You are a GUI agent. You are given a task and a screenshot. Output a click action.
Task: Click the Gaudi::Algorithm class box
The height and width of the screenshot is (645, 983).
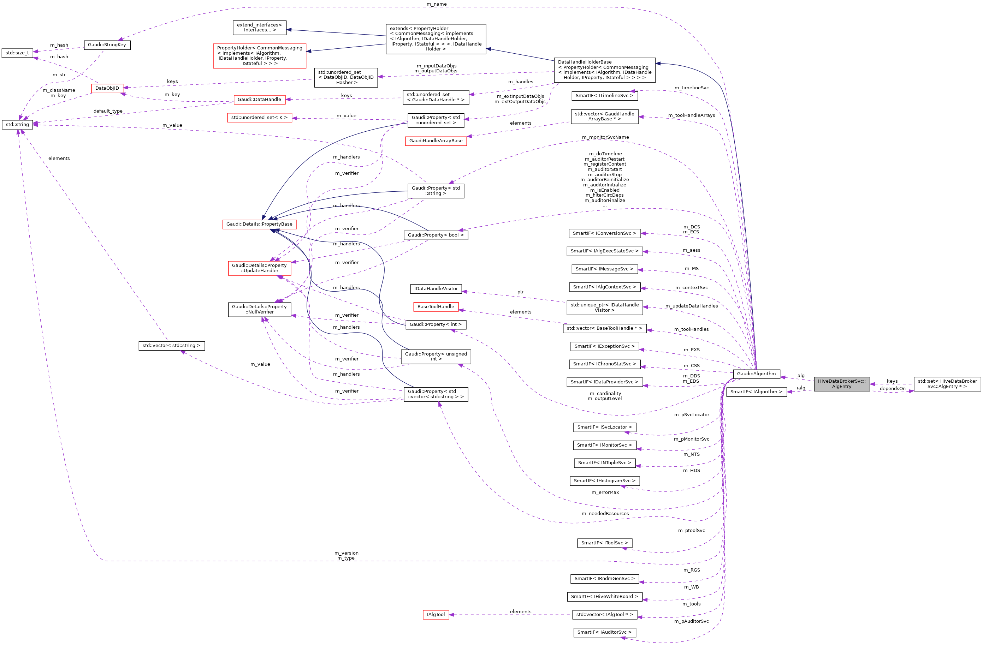click(x=756, y=374)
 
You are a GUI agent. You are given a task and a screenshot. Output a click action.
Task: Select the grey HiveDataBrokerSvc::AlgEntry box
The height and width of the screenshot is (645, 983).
click(x=842, y=384)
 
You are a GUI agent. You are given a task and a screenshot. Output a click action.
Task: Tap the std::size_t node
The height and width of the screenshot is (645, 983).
click(x=17, y=53)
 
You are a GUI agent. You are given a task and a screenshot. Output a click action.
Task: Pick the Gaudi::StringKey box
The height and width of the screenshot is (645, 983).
click(x=107, y=44)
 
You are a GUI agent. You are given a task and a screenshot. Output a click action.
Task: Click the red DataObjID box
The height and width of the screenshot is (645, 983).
click(x=107, y=88)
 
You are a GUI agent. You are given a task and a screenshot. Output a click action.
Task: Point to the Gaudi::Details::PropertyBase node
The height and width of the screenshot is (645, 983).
click(x=259, y=224)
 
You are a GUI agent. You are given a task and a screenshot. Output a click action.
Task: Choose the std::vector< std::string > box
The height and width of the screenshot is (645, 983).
click(x=171, y=346)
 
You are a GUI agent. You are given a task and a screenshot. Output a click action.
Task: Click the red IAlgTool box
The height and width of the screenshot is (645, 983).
click(x=436, y=614)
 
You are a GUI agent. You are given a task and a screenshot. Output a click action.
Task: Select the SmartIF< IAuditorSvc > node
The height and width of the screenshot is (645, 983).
click(x=604, y=632)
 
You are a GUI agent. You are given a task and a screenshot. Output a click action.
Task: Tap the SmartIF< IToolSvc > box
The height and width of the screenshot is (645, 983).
click(x=604, y=543)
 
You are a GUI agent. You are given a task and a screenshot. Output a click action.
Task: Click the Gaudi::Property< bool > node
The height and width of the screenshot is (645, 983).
click(x=436, y=235)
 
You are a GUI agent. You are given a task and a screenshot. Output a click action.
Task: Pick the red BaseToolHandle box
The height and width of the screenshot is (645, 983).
click(x=436, y=307)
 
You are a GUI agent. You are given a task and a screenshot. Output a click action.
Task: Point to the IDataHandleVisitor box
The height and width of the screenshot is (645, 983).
click(x=436, y=289)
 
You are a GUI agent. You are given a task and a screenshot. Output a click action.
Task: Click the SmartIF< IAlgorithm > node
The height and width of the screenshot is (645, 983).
click(x=756, y=392)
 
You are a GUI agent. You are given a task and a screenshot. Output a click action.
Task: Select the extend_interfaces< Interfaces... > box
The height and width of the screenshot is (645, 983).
click(x=259, y=28)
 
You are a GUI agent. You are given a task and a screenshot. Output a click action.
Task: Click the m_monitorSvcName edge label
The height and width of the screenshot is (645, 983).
click(x=605, y=137)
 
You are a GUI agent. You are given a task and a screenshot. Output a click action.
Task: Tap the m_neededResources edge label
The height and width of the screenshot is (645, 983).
click(x=605, y=514)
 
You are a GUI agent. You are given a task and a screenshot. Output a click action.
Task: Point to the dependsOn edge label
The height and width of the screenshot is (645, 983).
click(x=893, y=389)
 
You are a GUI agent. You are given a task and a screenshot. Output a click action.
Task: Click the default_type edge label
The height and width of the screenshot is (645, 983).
click(x=108, y=111)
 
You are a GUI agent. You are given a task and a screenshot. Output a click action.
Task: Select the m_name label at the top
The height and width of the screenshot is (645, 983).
click(x=437, y=4)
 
